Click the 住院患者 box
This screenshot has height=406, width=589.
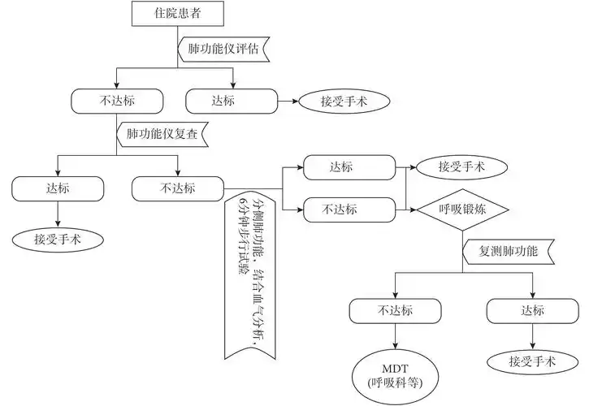(177, 14)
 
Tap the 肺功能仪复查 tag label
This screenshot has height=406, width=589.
(162, 131)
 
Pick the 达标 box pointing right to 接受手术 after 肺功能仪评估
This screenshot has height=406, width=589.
(233, 101)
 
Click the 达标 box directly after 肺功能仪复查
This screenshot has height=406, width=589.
(58, 188)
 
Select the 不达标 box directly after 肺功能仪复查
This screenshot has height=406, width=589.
(178, 188)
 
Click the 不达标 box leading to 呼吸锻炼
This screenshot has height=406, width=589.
(354, 209)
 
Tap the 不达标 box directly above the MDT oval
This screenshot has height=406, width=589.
(396, 310)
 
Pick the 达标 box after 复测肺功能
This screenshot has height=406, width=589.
(533, 310)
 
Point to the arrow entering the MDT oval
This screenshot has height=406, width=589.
(396, 336)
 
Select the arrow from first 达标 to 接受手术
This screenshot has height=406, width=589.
(287, 101)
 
